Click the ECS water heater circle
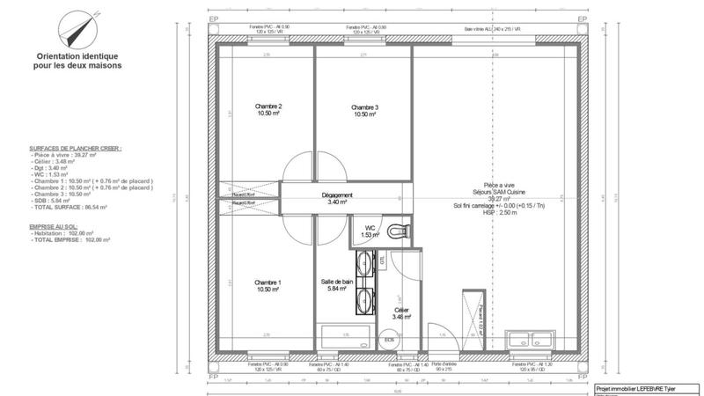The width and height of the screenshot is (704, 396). click(389, 339)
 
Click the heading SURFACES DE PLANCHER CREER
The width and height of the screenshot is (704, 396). click(76, 150)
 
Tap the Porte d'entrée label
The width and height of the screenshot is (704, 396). click(443, 365)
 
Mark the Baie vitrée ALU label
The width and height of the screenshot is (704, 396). click(494, 28)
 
